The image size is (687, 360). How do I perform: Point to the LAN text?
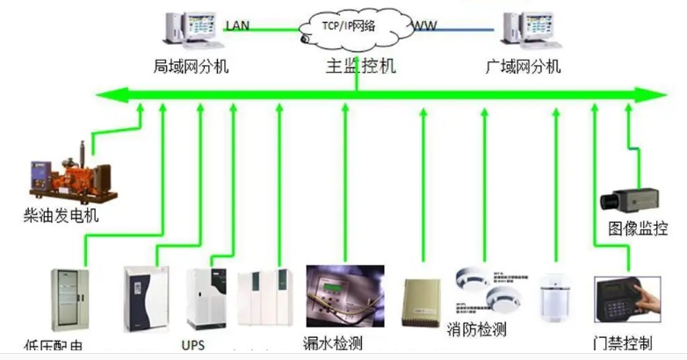tap(237, 25)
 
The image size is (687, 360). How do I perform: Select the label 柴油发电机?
tap(61, 215)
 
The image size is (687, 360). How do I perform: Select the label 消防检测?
tap(477, 331)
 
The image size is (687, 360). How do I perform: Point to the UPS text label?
tap(193, 346)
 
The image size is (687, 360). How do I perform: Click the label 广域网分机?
tap(523, 67)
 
